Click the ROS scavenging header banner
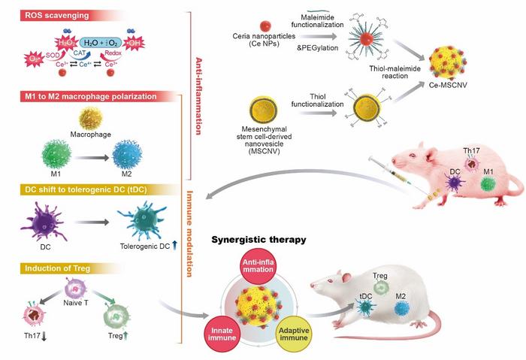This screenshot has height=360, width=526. [45, 14]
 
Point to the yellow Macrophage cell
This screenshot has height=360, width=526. [90, 119]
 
